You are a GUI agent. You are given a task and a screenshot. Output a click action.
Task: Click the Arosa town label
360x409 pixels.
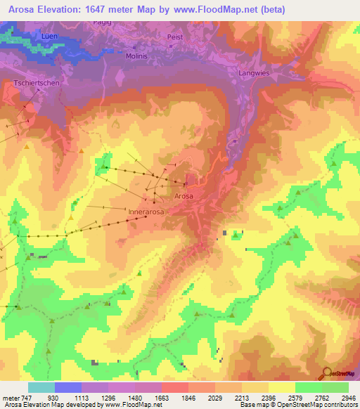(x=184, y=196)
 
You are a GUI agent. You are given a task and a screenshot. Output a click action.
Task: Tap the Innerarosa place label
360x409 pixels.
(x=146, y=210)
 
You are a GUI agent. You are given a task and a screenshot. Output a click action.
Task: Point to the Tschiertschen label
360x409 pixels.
(x=34, y=84)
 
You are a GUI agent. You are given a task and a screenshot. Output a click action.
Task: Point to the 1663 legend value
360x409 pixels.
(x=161, y=398)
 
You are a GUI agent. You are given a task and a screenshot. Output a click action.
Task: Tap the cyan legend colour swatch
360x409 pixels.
(x=41, y=387)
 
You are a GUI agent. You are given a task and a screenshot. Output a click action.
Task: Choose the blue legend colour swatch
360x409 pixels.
(x=68, y=387)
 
